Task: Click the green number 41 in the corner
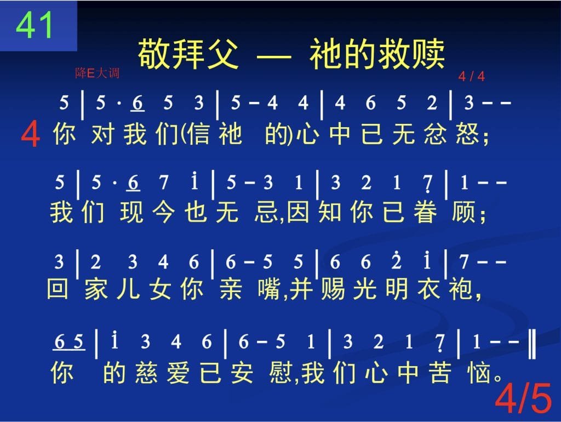(x=35, y=25)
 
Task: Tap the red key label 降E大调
(x=97, y=73)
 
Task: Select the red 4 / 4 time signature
(x=472, y=76)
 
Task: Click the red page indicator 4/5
(x=523, y=398)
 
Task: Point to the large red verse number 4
(x=30, y=134)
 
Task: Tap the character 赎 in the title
(x=428, y=54)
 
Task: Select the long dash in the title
(x=274, y=56)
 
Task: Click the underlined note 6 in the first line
(x=138, y=103)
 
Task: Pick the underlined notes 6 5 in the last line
(x=68, y=342)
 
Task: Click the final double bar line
(x=532, y=344)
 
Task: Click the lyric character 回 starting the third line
(x=57, y=288)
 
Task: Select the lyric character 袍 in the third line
(x=461, y=289)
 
